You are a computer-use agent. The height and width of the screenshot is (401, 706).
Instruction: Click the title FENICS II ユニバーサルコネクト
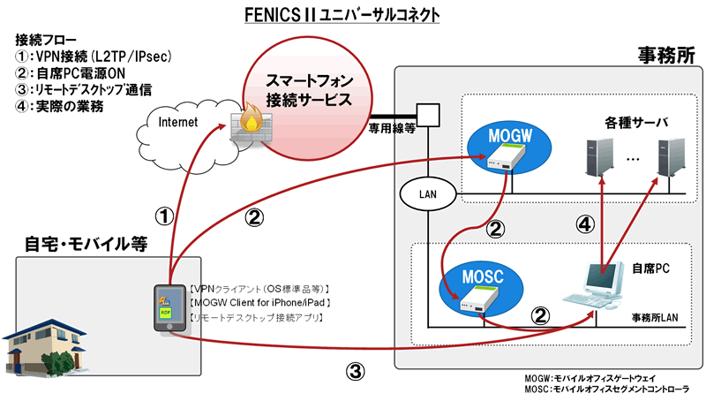tap(353, 16)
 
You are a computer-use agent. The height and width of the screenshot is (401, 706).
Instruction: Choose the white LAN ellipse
tap(426, 192)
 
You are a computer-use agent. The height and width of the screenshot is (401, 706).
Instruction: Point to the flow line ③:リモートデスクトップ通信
tap(84, 89)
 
